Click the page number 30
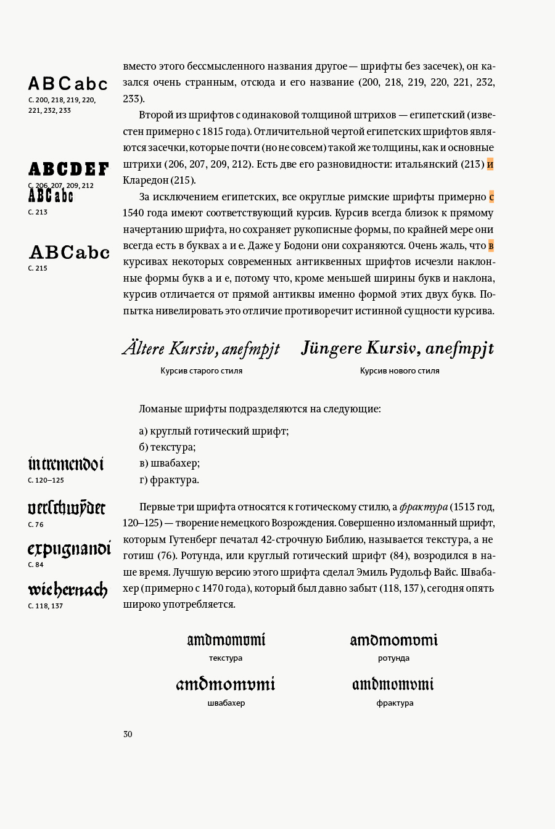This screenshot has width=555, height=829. (128, 734)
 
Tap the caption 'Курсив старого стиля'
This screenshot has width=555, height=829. (202, 371)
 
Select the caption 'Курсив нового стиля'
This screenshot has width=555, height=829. (400, 371)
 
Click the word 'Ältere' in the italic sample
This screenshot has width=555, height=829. (144, 349)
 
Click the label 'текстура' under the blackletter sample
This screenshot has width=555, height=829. (226, 658)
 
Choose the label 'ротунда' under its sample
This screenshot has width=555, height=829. (394, 658)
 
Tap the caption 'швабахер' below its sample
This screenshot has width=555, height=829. (226, 703)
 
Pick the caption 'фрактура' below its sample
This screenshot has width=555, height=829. (395, 703)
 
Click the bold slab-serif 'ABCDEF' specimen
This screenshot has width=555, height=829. (68, 169)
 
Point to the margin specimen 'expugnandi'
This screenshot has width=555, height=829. (69, 549)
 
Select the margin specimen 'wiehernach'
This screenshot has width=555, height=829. (68, 590)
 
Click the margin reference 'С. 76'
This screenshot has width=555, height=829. (36, 525)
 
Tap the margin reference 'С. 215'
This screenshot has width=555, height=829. (38, 269)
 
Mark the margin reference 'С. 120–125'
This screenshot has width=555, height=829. (46, 480)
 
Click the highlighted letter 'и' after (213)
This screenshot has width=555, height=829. (490, 164)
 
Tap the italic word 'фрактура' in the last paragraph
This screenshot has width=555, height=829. (424, 507)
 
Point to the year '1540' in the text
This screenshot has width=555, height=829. (134, 213)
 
